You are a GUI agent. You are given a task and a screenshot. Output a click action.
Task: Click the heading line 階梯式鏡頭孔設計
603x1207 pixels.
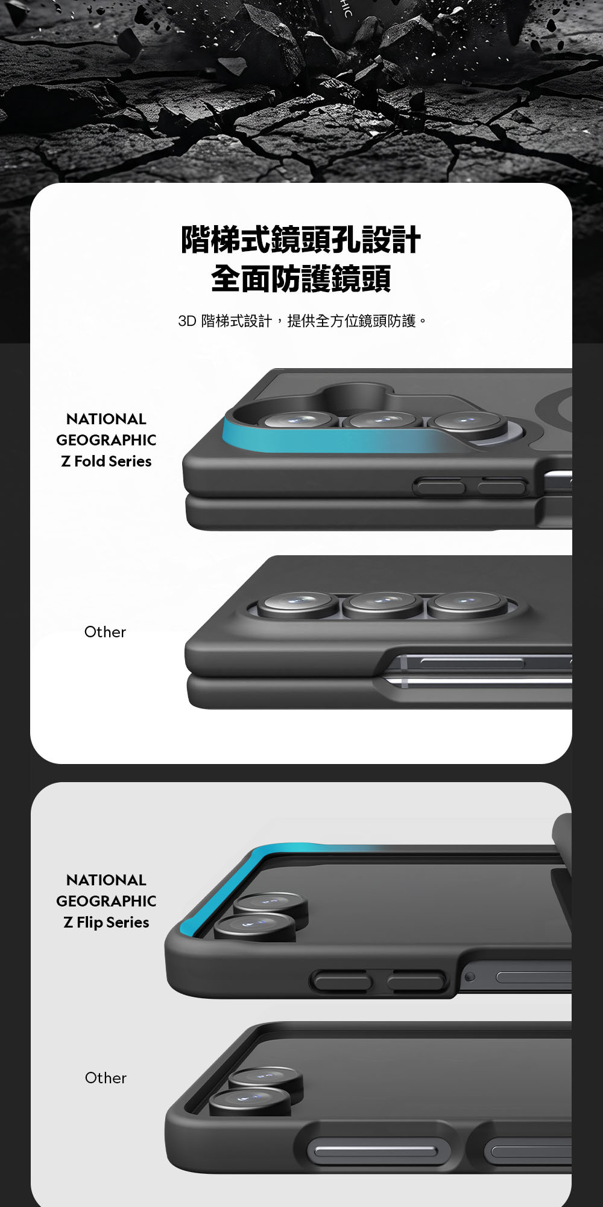[x=301, y=240]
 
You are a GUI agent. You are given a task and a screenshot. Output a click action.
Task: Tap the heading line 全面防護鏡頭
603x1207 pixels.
[x=301, y=278]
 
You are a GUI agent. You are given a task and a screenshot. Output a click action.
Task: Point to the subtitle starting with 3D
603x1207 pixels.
[x=302, y=320]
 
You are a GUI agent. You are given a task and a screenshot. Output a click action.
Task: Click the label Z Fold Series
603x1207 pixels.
[x=106, y=461]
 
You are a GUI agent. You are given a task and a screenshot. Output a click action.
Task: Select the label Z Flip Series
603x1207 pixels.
[x=106, y=922]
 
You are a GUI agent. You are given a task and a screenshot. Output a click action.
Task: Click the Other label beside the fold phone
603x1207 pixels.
[x=105, y=632]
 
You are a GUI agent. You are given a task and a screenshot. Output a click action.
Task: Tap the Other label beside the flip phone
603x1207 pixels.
[x=106, y=1078]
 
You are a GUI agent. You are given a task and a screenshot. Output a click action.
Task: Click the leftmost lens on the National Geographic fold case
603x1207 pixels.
[x=298, y=421]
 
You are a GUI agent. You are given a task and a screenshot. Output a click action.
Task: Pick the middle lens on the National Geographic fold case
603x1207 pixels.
[x=382, y=421]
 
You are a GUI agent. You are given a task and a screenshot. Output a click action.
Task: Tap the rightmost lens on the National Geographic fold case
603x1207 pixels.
[x=467, y=421]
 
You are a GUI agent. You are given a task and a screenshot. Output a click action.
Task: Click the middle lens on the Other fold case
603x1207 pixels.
[x=382, y=604]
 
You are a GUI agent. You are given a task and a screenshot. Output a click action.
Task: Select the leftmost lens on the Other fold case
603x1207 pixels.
[x=298, y=604]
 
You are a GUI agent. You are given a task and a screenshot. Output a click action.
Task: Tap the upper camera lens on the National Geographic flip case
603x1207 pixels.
[x=271, y=906]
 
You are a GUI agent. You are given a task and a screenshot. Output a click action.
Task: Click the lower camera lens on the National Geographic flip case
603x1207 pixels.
[x=255, y=927]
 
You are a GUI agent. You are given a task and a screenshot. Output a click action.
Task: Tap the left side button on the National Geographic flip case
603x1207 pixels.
[x=341, y=981]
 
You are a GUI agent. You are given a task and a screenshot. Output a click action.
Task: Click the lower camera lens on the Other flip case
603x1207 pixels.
[x=250, y=1102]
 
